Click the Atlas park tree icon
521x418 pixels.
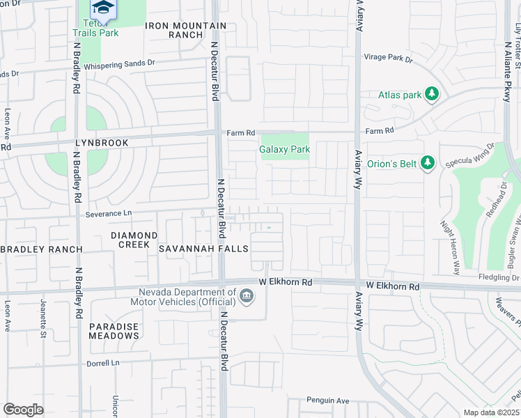(432, 93)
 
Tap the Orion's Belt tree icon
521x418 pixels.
(428, 163)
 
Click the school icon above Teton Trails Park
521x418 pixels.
(102, 7)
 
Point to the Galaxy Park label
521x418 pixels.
(284, 149)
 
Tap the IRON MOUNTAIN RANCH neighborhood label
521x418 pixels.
(186, 30)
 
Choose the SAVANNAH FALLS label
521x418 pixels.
(194, 249)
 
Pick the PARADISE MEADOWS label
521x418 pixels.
(114, 331)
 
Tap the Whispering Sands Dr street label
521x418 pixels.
(119, 63)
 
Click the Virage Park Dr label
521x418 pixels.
(388, 59)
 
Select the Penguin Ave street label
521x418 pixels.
(328, 401)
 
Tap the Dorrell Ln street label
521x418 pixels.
(103, 363)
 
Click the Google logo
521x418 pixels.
(23, 410)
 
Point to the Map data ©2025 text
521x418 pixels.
(491, 412)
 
